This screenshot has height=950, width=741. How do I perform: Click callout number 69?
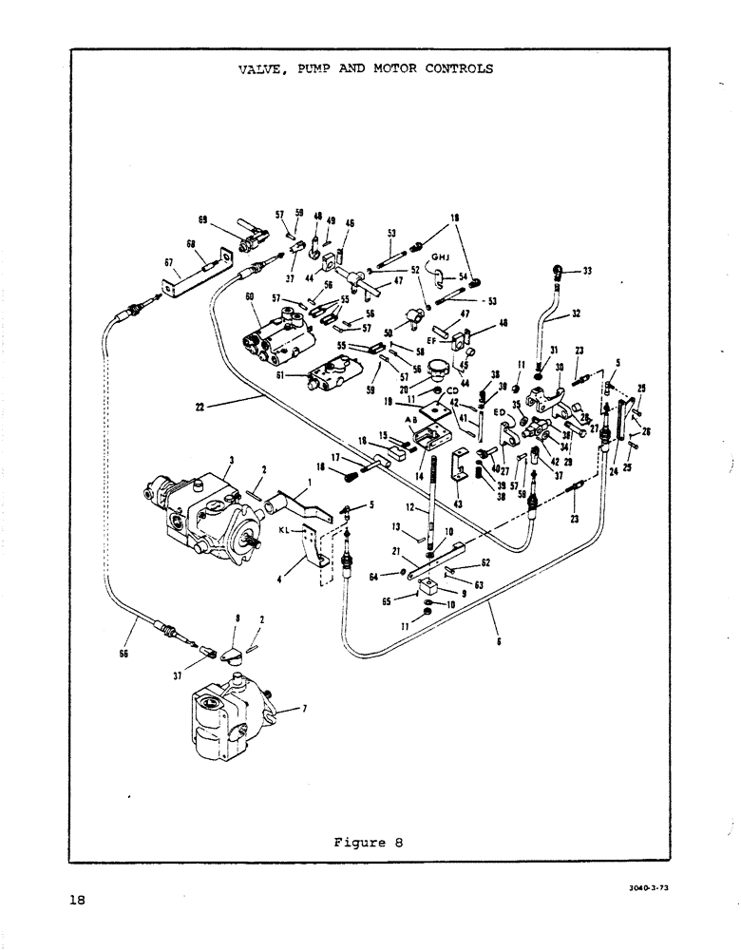point(202,220)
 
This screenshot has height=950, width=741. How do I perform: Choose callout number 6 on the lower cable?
point(498,641)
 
